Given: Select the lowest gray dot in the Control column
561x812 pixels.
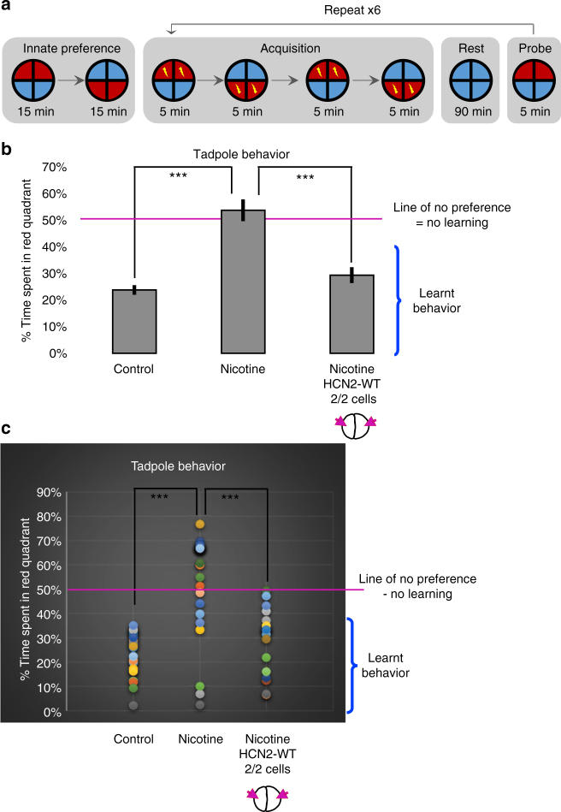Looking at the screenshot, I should coord(133,705).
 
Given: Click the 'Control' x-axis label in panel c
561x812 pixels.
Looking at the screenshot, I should coord(133,738).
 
